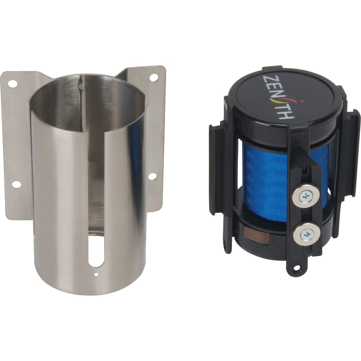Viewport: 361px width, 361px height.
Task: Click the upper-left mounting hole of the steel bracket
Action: [12, 84]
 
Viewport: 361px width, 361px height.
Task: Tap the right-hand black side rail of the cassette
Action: [354, 155]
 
